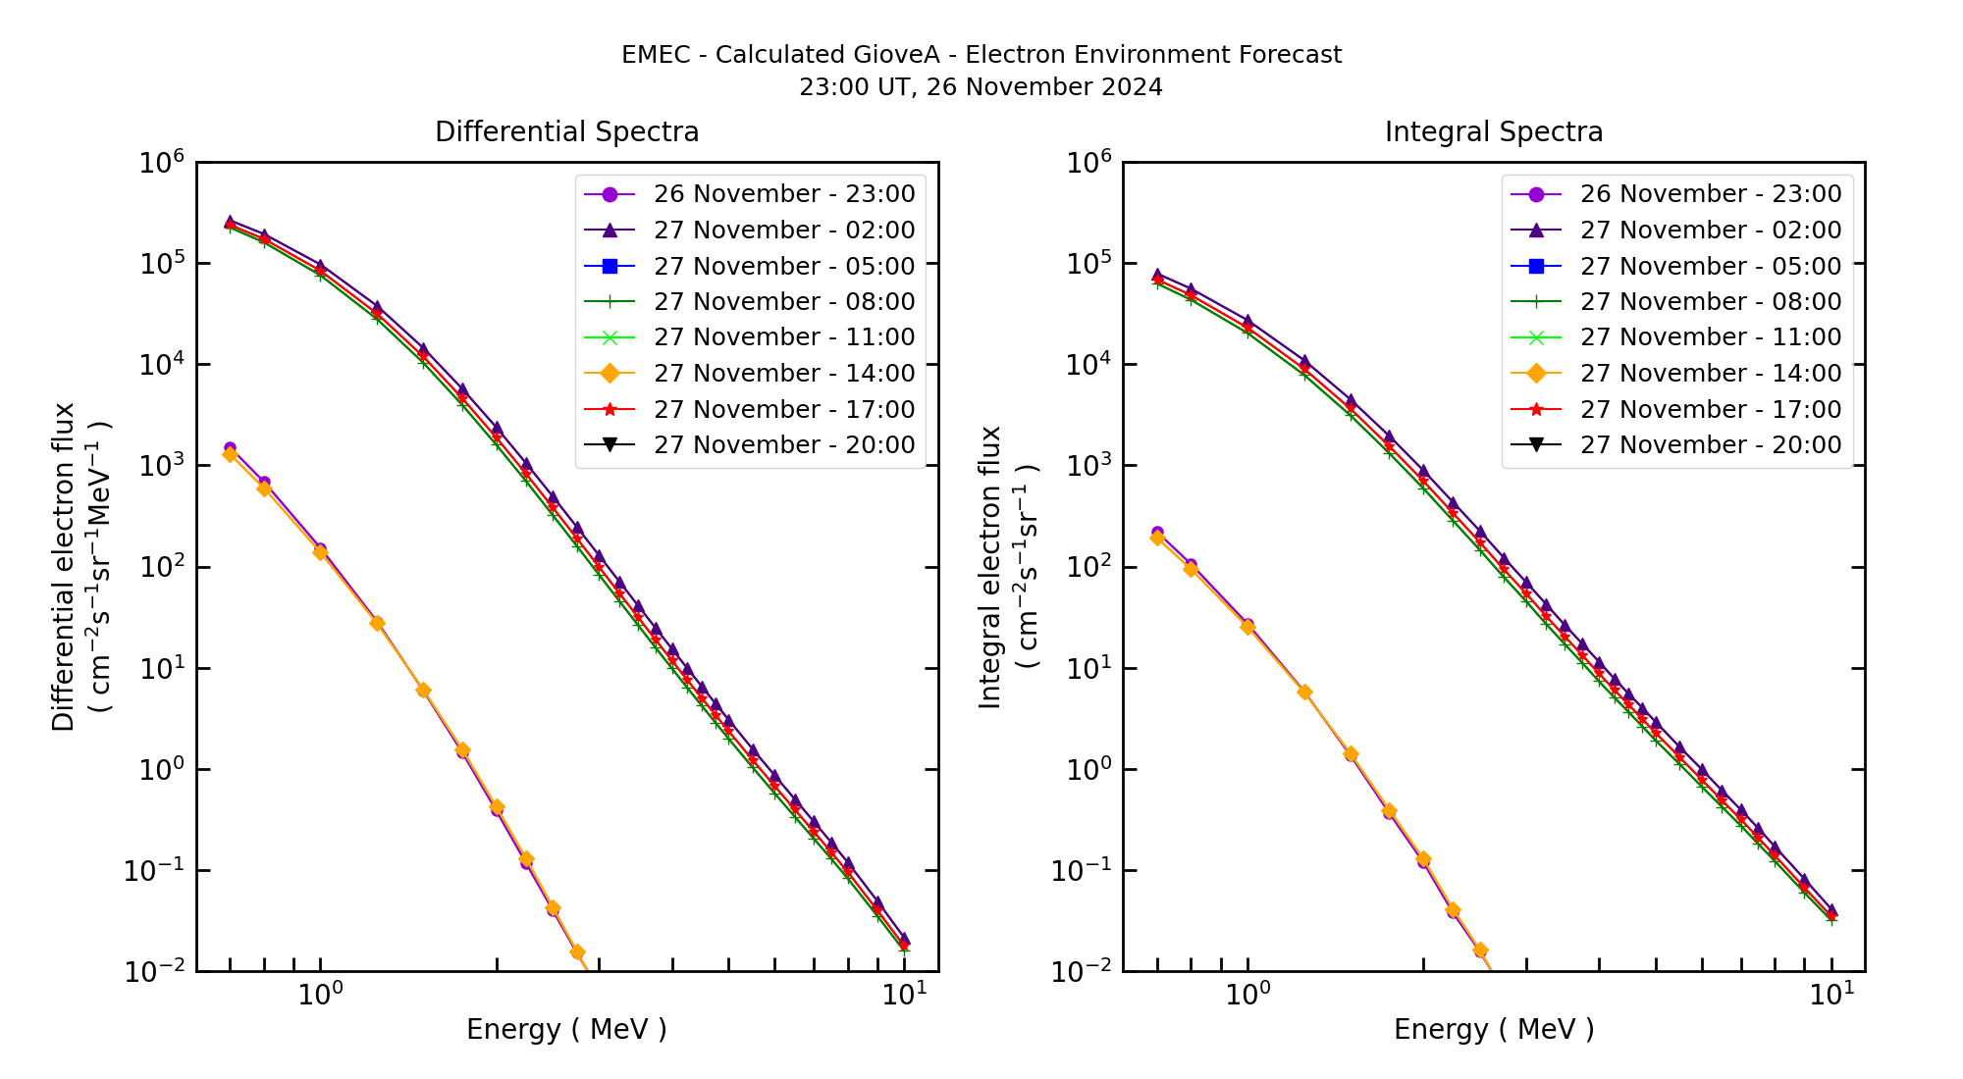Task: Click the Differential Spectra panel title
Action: point(566,131)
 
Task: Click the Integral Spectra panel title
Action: point(1493,131)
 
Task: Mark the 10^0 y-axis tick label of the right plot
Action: point(1088,770)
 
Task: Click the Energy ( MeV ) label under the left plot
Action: point(566,1029)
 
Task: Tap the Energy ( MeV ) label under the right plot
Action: point(1493,1029)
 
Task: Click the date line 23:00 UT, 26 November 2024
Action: point(981,87)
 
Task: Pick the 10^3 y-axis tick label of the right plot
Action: point(1088,466)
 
